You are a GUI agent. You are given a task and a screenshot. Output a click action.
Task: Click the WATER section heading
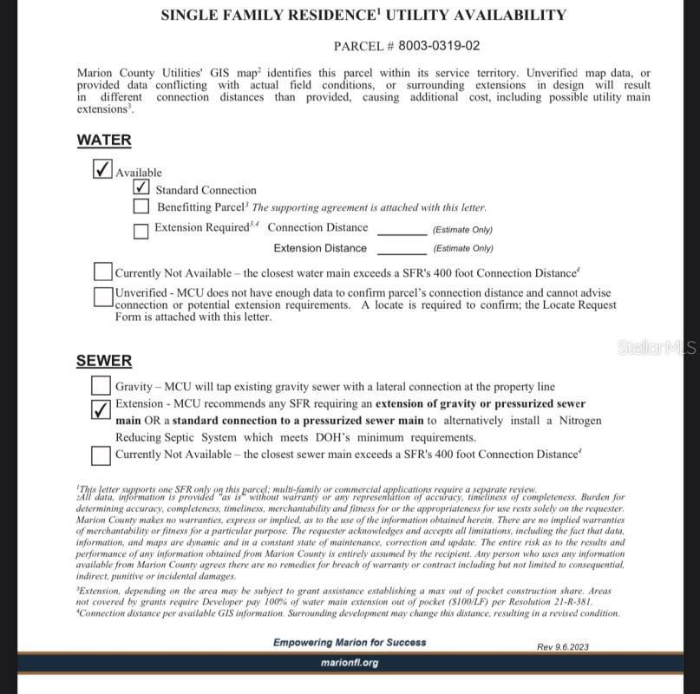pos(104,140)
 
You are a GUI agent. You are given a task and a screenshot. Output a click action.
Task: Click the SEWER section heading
pos(104,361)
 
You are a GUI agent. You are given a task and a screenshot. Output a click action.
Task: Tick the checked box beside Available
pos(102,168)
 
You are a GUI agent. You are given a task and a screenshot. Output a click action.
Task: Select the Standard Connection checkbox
pos(141,187)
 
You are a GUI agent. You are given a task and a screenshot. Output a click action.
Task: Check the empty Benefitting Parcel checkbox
pos(141,206)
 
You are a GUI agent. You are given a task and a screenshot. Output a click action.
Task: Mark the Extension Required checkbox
pos(141,231)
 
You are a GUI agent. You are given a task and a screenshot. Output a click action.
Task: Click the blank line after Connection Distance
pos(402,231)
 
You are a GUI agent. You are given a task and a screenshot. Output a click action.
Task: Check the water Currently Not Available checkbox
pos(103,272)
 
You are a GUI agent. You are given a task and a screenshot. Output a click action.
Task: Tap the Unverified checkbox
pos(103,297)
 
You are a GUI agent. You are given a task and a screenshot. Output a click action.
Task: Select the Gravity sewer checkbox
pos(101,385)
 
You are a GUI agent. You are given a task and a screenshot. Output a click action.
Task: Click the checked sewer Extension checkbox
pos(101,409)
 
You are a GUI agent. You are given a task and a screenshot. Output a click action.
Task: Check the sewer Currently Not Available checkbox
pos(101,455)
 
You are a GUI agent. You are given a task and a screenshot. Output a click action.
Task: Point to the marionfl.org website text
pos(350,663)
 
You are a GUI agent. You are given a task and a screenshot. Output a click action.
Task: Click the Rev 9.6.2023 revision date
pos(563,646)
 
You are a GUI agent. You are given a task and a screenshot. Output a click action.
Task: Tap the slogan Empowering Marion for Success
pos(350,643)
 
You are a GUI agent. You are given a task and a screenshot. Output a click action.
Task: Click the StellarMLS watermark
pos(657,348)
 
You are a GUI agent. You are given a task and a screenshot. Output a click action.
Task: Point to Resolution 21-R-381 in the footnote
pos(561,601)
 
